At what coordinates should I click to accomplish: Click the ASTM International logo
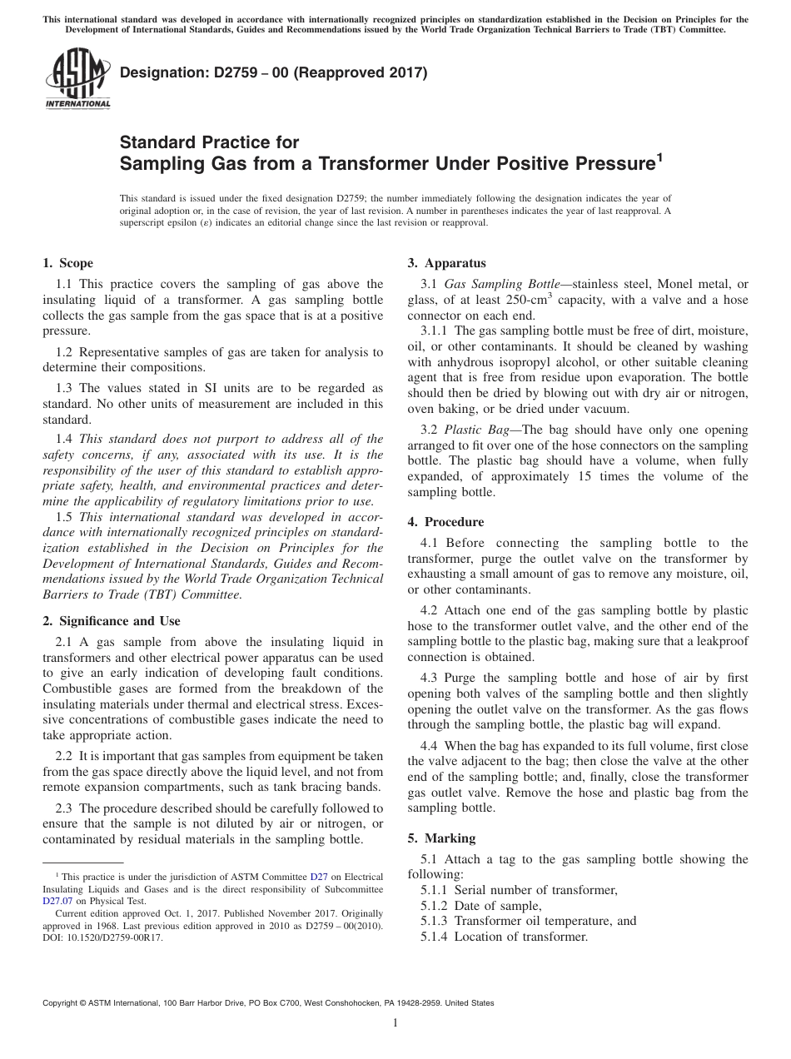(x=77, y=80)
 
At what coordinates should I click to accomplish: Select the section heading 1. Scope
(x=67, y=263)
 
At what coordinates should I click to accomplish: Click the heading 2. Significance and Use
(x=111, y=621)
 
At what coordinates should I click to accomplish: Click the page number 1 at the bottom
(x=395, y=1023)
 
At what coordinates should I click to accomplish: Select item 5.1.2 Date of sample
(x=481, y=906)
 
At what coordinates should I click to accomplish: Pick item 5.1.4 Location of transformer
(x=504, y=937)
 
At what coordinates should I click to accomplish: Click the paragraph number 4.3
(x=430, y=678)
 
